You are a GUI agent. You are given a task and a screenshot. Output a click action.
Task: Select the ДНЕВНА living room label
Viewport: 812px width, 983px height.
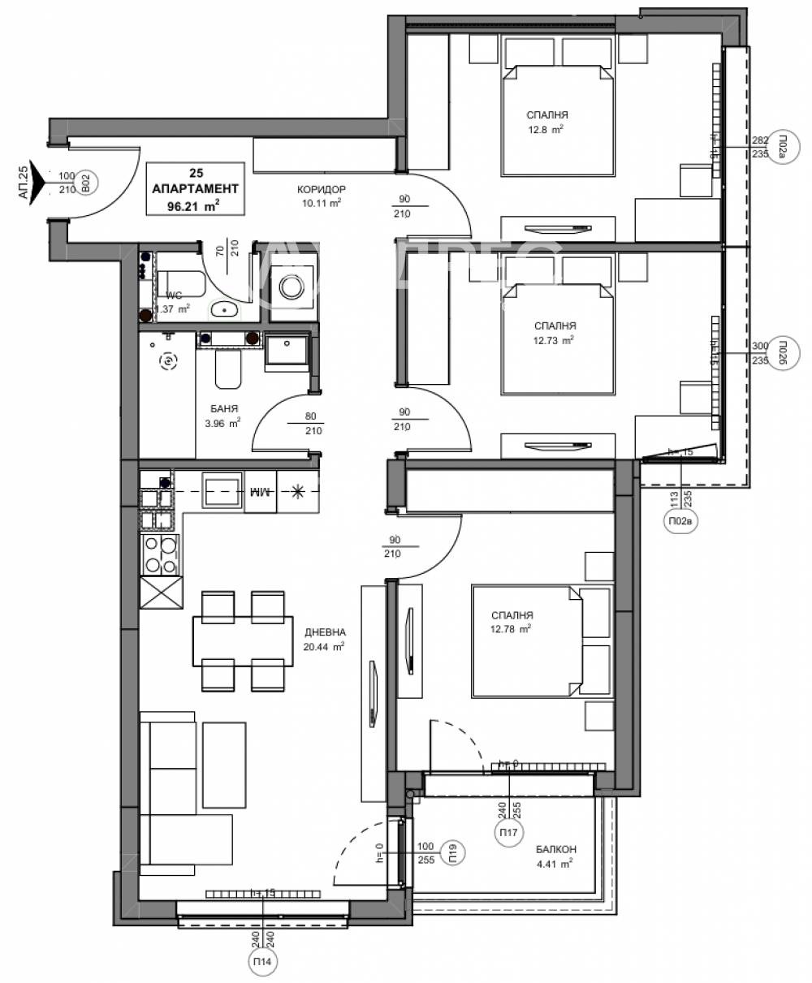click(x=325, y=632)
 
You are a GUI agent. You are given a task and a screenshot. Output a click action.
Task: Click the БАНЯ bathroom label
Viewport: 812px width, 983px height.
click(x=222, y=410)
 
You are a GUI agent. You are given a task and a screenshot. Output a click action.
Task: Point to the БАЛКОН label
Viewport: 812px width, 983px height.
click(x=555, y=849)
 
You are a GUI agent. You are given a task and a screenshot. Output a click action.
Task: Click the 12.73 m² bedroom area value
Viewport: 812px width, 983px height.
click(x=555, y=340)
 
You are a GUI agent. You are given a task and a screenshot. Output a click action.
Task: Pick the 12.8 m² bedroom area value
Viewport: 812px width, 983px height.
click(x=545, y=129)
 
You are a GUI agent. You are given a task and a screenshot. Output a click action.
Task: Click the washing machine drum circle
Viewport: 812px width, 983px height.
click(x=290, y=286)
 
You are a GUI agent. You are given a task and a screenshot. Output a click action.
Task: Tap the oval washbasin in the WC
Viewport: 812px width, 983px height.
click(x=223, y=308)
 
